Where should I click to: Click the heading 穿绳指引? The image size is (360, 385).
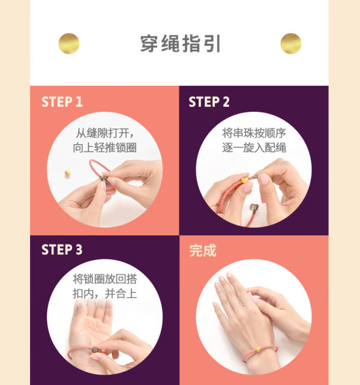pyautogui.click(x=180, y=44)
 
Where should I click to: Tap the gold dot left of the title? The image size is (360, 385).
pyautogui.click(x=69, y=43)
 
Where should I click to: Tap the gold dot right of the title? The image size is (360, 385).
pyautogui.click(x=291, y=43)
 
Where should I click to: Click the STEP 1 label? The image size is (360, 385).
pyautogui.click(x=62, y=102)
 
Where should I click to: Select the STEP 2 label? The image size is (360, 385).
pyautogui.click(x=209, y=102)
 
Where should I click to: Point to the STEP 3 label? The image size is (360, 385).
pyautogui.click(x=62, y=250)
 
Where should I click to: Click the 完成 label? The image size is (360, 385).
pyautogui.click(x=203, y=250)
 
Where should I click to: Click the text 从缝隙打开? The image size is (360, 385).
pyautogui.click(x=102, y=133)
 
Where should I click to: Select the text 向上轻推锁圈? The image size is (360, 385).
pyautogui.click(x=105, y=148)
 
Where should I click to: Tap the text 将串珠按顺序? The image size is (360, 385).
pyautogui.click(x=254, y=133)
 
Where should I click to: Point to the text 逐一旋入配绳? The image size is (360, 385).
pyautogui.click(x=254, y=148)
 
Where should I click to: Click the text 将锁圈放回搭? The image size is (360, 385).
pyautogui.click(x=105, y=279)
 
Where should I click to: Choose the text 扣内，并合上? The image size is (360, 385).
pyautogui.click(x=105, y=294)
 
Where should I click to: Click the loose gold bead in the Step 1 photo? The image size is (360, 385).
pyautogui.click(x=67, y=174)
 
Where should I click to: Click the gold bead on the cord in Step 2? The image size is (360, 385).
pyautogui.click(x=244, y=180)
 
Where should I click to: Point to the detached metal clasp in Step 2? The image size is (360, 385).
pyautogui.click(x=254, y=208)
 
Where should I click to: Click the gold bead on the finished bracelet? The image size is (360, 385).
pyautogui.click(x=257, y=349)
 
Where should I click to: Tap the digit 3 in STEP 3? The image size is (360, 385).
pyautogui.click(x=79, y=250)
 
